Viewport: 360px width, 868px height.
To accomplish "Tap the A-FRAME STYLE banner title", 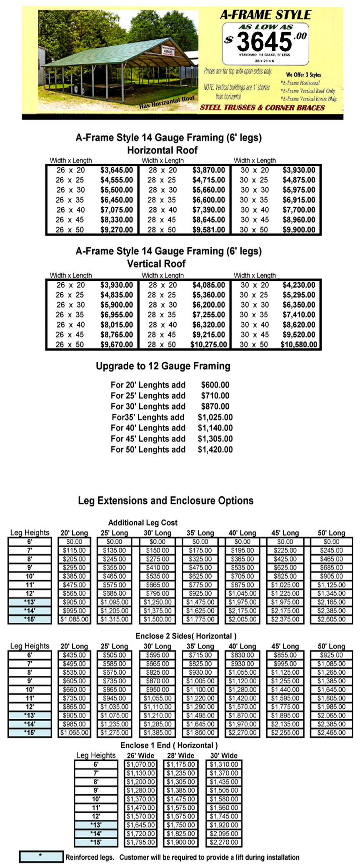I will (x=265, y=15).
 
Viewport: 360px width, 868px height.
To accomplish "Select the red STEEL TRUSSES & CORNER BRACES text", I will (x=262, y=108).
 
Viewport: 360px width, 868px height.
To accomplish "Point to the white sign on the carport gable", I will (x=167, y=51).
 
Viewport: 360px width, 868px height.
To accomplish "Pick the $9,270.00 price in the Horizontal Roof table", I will (x=117, y=230).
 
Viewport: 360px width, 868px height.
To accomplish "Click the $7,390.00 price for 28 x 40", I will (x=208, y=210).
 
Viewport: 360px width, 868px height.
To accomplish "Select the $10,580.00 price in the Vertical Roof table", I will (x=299, y=345).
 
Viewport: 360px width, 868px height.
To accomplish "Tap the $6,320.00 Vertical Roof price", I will (x=208, y=325).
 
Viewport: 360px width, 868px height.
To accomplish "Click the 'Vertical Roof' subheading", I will (x=156, y=264).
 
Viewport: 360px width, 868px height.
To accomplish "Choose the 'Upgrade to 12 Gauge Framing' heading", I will (x=163, y=366).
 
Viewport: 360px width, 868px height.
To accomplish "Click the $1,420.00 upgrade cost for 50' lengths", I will (x=215, y=450).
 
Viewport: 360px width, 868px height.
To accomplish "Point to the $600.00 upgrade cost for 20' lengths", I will (x=215, y=385).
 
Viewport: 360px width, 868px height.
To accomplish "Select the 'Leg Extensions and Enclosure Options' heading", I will (x=165, y=501).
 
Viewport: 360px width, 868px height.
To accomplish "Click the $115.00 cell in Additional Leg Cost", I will (x=74, y=550).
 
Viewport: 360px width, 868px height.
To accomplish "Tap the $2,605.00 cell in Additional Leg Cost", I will (x=331, y=619).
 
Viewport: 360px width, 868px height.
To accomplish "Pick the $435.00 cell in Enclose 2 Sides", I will (x=74, y=655).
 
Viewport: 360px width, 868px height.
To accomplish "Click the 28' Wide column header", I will (x=180, y=755).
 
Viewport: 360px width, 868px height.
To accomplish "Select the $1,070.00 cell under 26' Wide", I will (x=141, y=764).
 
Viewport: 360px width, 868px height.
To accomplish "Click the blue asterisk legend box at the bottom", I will (x=41, y=857).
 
